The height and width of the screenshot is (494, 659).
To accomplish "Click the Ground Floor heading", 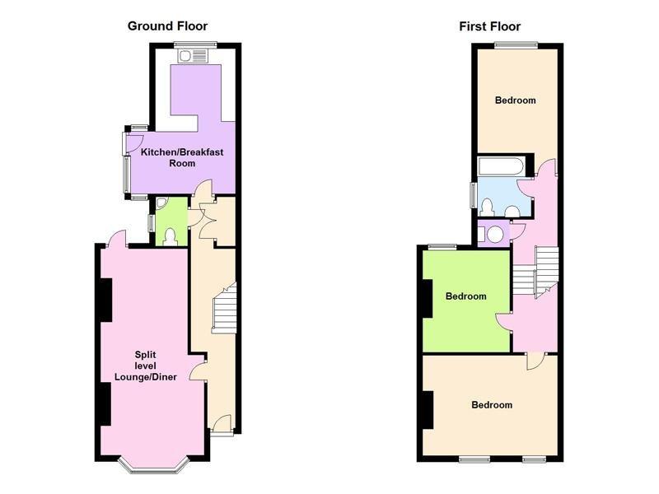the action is point(167,26).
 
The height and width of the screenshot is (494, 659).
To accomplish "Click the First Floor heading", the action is point(489,26).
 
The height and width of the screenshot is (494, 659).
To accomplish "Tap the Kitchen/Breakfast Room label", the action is point(182,157).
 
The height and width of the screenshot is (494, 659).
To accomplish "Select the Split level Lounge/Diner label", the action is point(146,366).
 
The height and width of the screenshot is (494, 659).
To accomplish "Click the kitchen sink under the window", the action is point(193,56).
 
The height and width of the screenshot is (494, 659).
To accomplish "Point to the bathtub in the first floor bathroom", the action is point(502,166).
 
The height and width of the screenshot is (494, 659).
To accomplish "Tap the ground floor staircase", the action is point(224,308).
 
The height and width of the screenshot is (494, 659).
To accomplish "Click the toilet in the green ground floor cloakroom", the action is point(171,237).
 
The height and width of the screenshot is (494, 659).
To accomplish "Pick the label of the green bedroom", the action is point(465,296).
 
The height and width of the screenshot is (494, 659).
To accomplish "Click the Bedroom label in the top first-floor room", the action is point(516,100).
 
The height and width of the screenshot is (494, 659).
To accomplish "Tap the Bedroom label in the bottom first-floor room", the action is point(492,405).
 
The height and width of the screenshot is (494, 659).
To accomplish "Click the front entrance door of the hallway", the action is point(222,424).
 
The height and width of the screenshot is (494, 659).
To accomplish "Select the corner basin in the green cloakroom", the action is point(161,203).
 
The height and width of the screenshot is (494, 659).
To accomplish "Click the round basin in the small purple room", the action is point(495,235).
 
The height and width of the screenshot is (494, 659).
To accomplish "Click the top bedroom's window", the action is point(516,45).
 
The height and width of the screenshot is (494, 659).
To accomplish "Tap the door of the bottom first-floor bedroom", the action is point(535,361).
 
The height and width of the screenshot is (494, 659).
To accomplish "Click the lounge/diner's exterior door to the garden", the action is point(116,239).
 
